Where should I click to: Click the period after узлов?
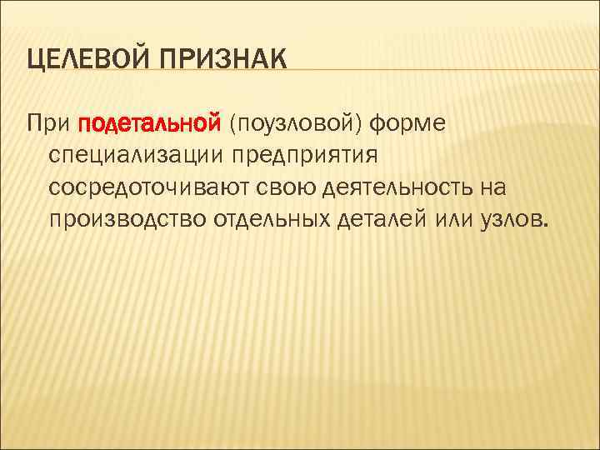click(x=547, y=224)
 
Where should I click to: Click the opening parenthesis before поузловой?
click(x=237, y=125)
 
